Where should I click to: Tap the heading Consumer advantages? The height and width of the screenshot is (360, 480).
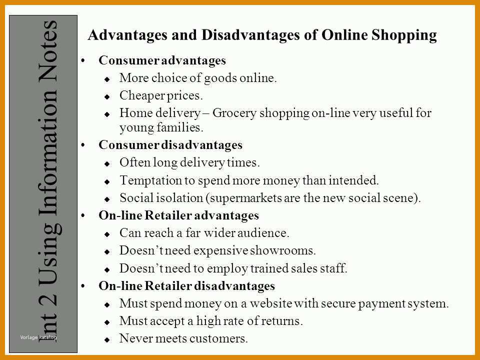[x=162, y=60]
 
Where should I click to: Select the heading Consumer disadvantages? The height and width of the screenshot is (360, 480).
[x=170, y=145]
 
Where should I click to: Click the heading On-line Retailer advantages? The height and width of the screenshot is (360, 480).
[x=179, y=215]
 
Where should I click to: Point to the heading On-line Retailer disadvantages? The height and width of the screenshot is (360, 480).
[x=186, y=285]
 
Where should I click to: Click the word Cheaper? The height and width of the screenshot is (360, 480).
[x=138, y=96]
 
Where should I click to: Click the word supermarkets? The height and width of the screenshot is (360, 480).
[x=245, y=198]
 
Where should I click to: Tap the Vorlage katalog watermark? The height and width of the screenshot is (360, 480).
[x=38, y=337]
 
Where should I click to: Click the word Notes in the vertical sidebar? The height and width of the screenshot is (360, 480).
[x=48, y=51]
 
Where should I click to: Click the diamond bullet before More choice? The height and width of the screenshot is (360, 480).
[x=107, y=79]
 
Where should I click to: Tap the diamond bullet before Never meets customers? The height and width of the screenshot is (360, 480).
[x=107, y=339]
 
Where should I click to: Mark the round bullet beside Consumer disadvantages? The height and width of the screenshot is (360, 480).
[x=83, y=145]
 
